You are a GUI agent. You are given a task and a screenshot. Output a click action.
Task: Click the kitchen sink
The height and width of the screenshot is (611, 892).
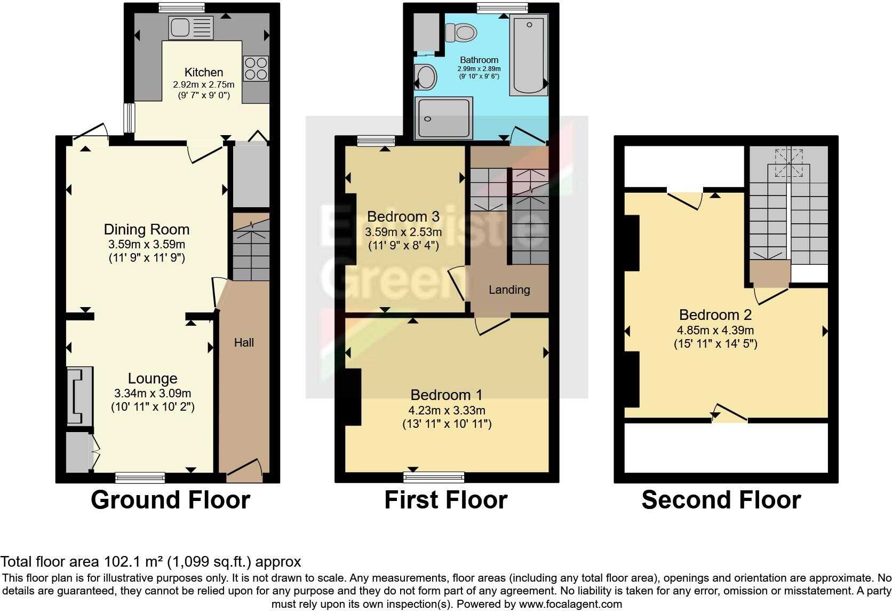point(190,28)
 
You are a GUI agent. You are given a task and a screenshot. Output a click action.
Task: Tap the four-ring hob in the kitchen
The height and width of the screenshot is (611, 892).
point(256,68)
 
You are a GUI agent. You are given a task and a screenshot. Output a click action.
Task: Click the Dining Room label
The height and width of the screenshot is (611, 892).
point(147,230)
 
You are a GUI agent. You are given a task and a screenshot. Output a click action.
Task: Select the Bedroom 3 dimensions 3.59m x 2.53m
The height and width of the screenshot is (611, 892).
point(403,232)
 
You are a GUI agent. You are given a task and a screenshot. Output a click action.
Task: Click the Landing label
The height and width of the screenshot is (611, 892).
point(509,290)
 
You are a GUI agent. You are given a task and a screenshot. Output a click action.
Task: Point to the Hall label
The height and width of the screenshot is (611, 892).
point(244,343)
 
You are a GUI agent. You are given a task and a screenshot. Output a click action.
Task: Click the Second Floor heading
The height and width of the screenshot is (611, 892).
point(721,500)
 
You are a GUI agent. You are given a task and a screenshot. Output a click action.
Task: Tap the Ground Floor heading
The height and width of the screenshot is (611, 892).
point(170,500)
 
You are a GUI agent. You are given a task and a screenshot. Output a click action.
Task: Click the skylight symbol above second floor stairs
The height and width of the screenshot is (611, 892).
point(789,162)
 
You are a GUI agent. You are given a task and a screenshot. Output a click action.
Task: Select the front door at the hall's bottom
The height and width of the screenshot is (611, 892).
point(244,469)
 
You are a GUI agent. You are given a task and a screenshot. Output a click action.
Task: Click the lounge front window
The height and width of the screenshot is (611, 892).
point(140,477)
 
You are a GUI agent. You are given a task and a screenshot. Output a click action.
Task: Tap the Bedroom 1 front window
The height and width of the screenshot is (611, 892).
point(434,477)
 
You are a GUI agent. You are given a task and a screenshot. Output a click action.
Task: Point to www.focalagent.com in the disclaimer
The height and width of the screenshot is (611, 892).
point(570,604)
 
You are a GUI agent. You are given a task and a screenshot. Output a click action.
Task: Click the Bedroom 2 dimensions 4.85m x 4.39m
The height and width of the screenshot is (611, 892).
point(715,331)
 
